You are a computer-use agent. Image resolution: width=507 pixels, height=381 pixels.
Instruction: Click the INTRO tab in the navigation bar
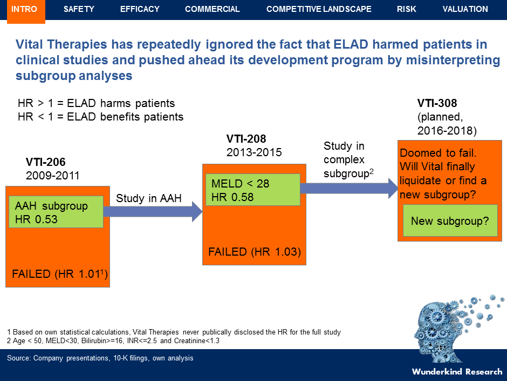point(24,9)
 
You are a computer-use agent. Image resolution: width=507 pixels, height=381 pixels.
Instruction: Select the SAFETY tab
point(79,9)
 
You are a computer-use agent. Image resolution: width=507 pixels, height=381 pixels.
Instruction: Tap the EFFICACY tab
point(140,9)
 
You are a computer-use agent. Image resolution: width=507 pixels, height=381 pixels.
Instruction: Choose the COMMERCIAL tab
point(213,9)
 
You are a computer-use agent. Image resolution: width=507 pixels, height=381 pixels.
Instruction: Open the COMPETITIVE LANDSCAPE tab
point(319,9)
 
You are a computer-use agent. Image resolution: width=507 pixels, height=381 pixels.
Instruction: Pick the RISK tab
point(407,9)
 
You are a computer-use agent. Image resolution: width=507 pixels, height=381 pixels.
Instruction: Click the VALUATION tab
point(465,9)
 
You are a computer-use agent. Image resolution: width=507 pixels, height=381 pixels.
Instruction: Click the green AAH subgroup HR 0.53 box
point(56,212)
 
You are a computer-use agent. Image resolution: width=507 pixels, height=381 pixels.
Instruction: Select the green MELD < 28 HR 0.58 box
point(252,190)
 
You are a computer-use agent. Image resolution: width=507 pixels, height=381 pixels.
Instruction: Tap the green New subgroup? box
point(450,221)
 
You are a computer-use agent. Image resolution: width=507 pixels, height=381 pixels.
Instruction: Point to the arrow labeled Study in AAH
point(152,212)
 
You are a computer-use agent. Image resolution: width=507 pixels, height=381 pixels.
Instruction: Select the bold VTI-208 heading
point(246,139)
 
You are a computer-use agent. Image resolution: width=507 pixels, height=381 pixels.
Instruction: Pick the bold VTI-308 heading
point(437,103)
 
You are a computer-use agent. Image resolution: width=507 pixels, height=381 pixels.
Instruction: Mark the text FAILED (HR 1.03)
point(254,252)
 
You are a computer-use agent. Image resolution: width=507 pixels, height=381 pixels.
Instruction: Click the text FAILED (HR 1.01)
point(60,275)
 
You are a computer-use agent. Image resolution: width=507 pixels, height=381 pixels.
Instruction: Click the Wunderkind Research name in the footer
point(457,371)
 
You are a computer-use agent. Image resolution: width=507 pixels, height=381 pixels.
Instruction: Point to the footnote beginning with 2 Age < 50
point(113,341)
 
